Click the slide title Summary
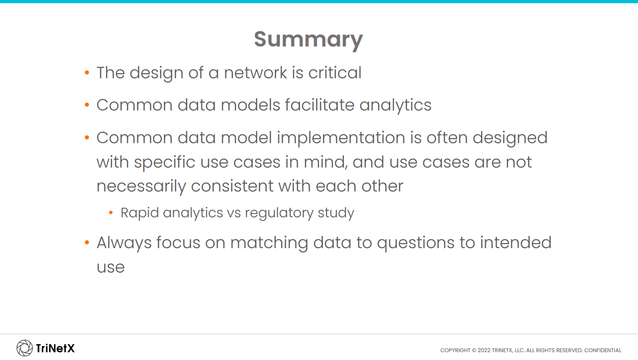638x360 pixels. pyautogui.click(x=308, y=40)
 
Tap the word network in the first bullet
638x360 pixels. pyautogui.click(x=255, y=73)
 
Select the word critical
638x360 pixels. pyautogui.click(x=335, y=73)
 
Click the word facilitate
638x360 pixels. pyautogui.click(x=319, y=105)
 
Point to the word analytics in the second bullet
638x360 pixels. pyautogui.click(x=395, y=106)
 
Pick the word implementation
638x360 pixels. pyautogui.click(x=341, y=139)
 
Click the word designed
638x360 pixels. pyautogui.click(x=510, y=139)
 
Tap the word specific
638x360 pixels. pyautogui.click(x=165, y=163)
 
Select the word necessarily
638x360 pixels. pyautogui.click(x=141, y=187)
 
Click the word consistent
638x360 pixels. pyautogui.click(x=232, y=186)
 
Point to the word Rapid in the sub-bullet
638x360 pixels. pyautogui.click(x=139, y=213)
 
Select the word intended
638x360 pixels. pyautogui.click(x=516, y=243)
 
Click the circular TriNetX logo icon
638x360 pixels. pyautogui.click(x=24, y=348)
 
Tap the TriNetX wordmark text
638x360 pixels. pyautogui.click(x=55, y=348)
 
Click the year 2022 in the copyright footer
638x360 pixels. pyautogui.click(x=484, y=350)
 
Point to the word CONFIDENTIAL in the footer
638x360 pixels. pyautogui.click(x=603, y=350)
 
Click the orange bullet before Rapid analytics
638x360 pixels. pyautogui.click(x=111, y=213)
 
